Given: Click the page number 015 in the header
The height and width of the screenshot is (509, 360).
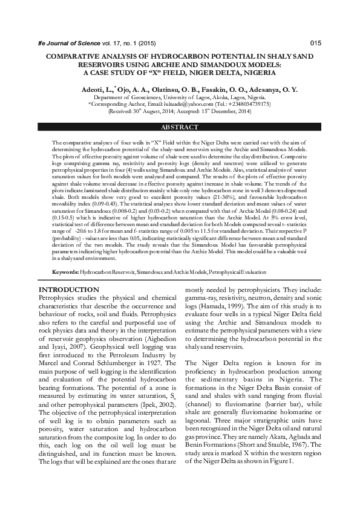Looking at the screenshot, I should (315, 43).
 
